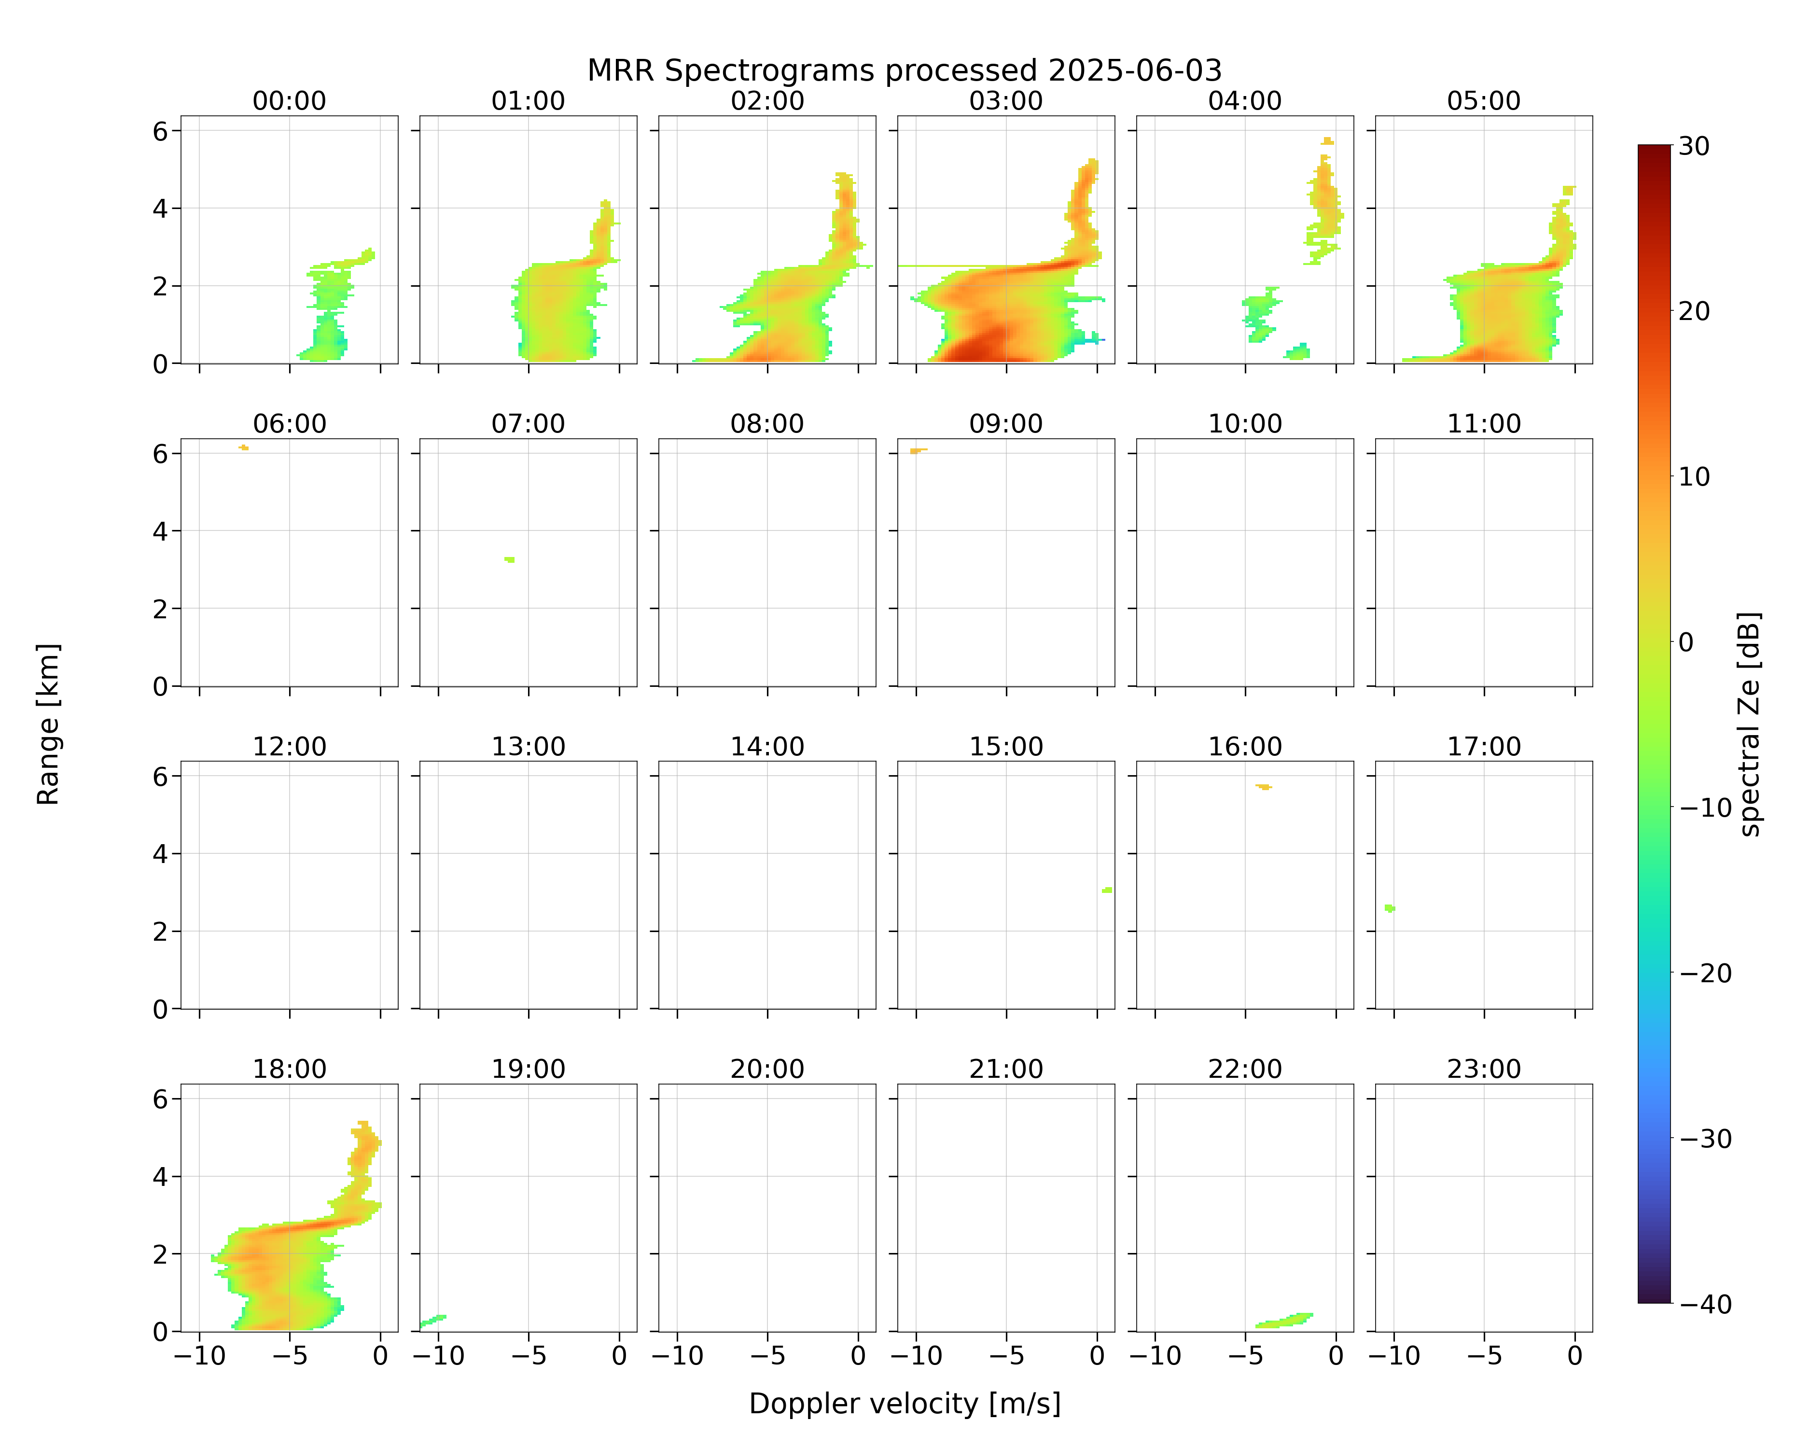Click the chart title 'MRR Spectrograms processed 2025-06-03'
point(904,70)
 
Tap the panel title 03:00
point(1006,101)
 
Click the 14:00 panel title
point(767,746)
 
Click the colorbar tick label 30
point(1694,146)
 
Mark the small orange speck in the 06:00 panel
point(243,447)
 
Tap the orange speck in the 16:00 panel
point(1264,787)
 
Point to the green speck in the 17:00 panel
point(1390,908)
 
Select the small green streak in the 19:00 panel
point(432,1321)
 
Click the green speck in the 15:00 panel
point(1107,890)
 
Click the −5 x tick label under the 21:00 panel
point(1006,1356)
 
